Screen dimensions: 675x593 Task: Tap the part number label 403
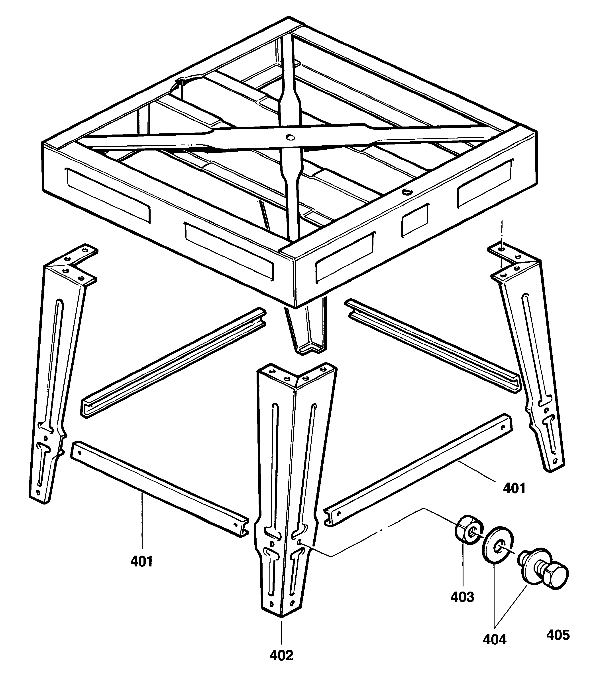pos(462,597)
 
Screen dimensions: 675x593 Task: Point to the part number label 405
pos(558,635)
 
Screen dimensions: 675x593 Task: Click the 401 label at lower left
pos(141,561)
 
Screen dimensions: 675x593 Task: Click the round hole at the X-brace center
pos(290,136)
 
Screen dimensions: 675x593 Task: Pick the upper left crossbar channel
pos(173,363)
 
